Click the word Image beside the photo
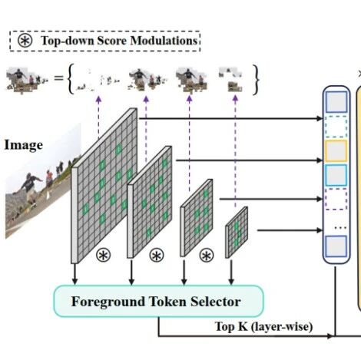(24, 145)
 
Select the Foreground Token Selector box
(158, 301)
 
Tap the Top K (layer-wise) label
(263, 326)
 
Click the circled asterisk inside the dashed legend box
(25, 41)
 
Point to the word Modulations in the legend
(164, 41)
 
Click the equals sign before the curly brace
(58, 78)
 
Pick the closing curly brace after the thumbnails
(256, 80)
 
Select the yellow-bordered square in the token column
(336, 150)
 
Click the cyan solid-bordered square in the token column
(336, 175)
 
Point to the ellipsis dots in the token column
(340, 227)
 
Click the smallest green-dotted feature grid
(237, 233)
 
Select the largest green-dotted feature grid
(104, 186)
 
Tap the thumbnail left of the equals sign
(27, 80)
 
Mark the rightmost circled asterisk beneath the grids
(207, 256)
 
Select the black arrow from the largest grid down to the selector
(75, 274)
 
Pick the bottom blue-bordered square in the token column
(336, 246)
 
